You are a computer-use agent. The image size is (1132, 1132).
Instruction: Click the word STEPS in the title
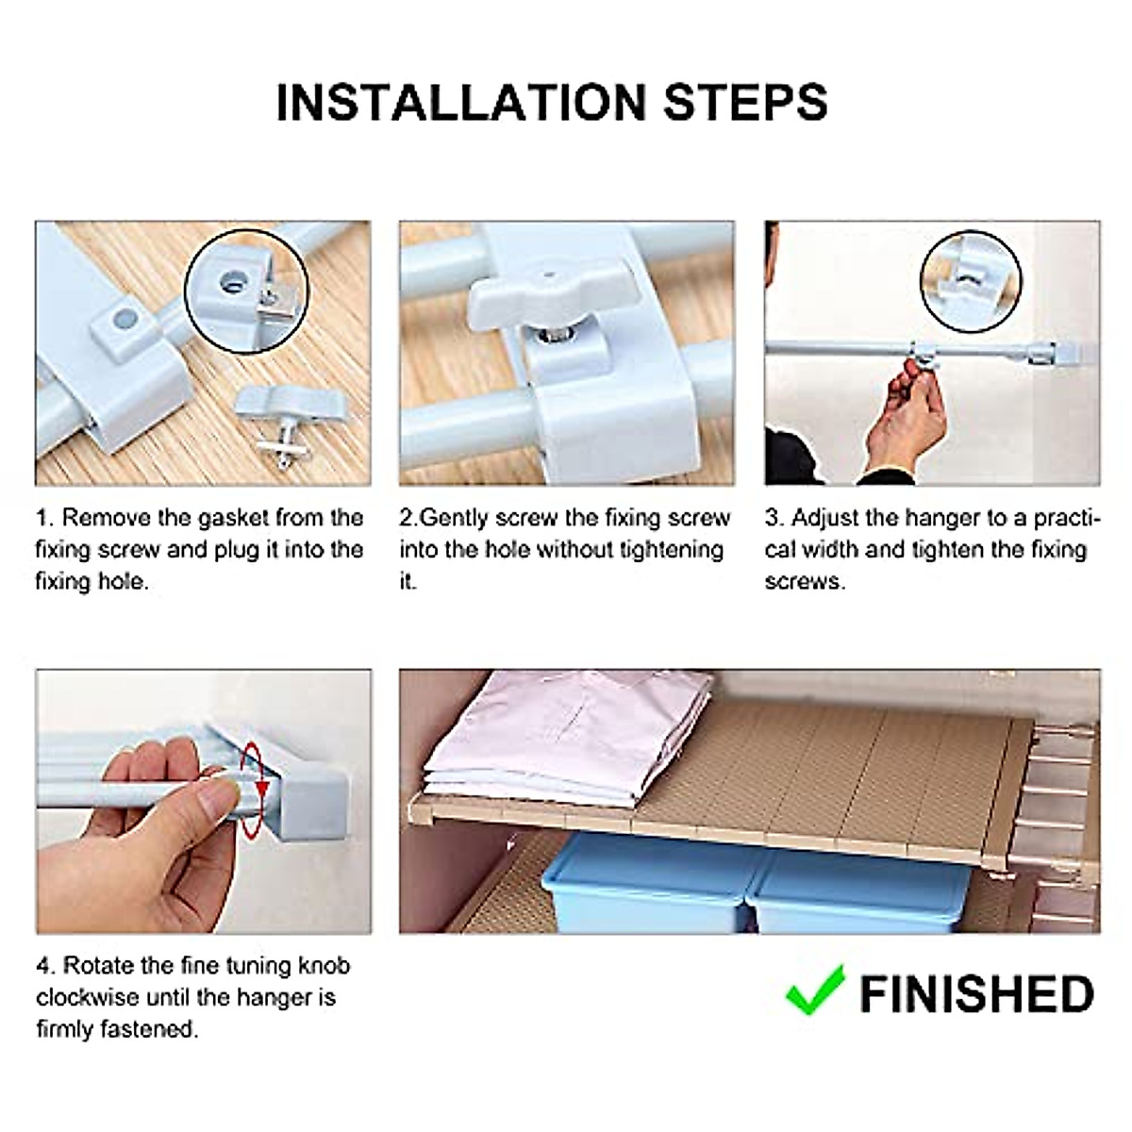point(745,102)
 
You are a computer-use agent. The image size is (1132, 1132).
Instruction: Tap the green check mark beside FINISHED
point(814,990)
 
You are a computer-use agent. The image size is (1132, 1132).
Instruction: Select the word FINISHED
point(976,994)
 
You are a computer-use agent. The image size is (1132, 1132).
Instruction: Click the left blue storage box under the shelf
point(651,882)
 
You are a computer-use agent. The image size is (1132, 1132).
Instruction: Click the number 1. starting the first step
point(45,518)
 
